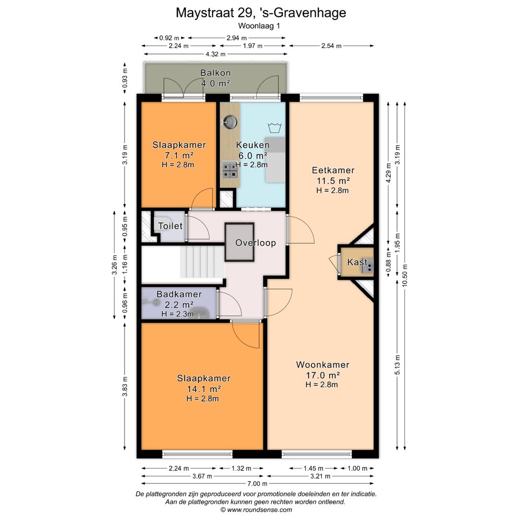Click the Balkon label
pyautogui.click(x=215, y=73)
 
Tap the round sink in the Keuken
pyautogui.click(x=230, y=122)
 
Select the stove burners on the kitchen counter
pyautogui.click(x=230, y=169)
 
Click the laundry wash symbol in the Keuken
pyautogui.click(x=275, y=127)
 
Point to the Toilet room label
pyautogui.click(x=170, y=226)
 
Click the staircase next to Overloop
pyautogui.click(x=202, y=263)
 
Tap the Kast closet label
pyautogui.click(x=357, y=262)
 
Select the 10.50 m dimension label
pyautogui.click(x=405, y=275)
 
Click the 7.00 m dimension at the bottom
pyautogui.click(x=258, y=483)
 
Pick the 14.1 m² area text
pyautogui.click(x=204, y=389)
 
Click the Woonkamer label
pyautogui.click(x=323, y=365)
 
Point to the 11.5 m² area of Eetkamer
pyautogui.click(x=334, y=181)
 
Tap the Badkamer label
pyautogui.click(x=179, y=294)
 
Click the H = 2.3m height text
pyautogui.click(x=178, y=314)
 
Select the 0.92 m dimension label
pyautogui.click(x=169, y=38)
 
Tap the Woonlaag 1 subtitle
pyautogui.click(x=259, y=26)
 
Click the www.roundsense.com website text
pyautogui.click(x=259, y=510)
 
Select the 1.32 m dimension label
pyautogui.click(x=241, y=469)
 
